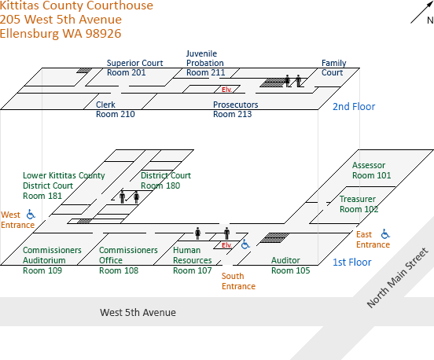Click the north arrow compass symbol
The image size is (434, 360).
tap(421, 13)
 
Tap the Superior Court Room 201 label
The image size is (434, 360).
tap(134, 68)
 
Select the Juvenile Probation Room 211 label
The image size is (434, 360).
tap(205, 63)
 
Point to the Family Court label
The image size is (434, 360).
tap(334, 68)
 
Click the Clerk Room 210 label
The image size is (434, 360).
tap(115, 109)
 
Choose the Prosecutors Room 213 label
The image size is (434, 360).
tap(236, 109)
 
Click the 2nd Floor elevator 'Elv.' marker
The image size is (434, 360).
tap(226, 90)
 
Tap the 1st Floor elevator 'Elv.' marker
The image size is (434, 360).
tap(226, 245)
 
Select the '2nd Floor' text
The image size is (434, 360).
tap(354, 107)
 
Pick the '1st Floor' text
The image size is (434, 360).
tap(351, 262)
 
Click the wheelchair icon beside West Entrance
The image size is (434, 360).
tap(31, 215)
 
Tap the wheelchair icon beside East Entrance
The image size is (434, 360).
tap(385, 233)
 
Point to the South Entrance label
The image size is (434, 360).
tap(238, 281)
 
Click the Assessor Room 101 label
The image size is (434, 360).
tap(371, 171)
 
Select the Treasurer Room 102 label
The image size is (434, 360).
tap(359, 204)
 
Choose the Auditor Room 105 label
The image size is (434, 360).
tap(291, 266)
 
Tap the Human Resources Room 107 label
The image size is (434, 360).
tap(193, 260)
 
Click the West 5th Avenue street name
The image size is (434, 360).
tap(138, 312)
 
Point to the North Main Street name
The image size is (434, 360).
tap(398, 277)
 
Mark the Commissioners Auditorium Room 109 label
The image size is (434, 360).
tap(52, 260)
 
